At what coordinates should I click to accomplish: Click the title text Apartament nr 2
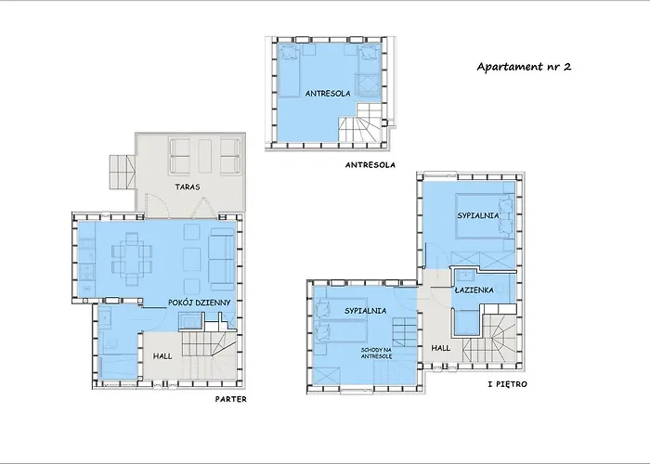tap(524, 67)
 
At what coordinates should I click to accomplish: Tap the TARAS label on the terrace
tap(188, 187)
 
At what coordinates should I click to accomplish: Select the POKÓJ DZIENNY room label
tap(199, 303)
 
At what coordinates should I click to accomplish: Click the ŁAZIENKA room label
tap(474, 290)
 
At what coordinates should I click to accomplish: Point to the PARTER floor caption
tap(231, 399)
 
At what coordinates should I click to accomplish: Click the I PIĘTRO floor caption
tap(508, 384)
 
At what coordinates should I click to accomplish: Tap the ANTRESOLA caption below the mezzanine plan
tap(370, 165)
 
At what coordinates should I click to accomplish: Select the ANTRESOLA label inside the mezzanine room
tap(328, 94)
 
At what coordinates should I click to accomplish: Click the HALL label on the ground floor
tap(162, 356)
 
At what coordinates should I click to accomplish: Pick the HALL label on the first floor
tap(441, 348)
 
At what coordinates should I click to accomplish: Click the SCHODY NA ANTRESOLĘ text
tap(376, 354)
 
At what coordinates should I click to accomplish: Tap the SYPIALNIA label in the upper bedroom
tap(478, 215)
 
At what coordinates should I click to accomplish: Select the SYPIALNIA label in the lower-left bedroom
tap(365, 311)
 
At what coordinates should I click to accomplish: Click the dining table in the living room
tap(132, 259)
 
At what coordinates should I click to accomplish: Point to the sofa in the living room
tap(221, 259)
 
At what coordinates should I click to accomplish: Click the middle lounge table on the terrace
tap(204, 156)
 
